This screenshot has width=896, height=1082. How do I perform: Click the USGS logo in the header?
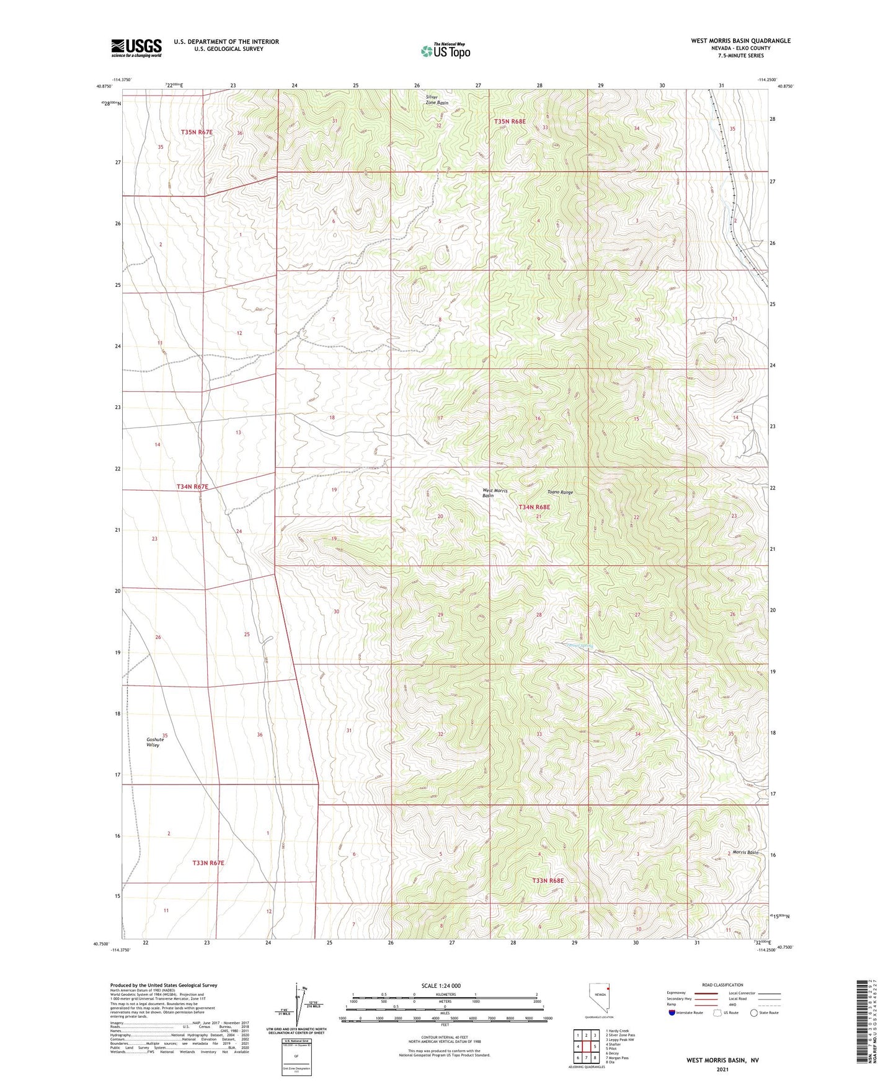point(136,48)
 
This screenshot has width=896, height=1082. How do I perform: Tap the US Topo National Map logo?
point(445,51)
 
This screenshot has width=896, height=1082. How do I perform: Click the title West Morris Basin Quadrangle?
point(740,41)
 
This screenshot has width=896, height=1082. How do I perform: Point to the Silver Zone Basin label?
point(437,100)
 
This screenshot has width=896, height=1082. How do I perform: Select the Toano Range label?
point(560,492)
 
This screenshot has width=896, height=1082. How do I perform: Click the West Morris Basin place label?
point(495,493)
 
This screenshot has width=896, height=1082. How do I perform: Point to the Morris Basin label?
point(745,852)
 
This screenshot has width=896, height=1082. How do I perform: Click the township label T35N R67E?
point(197,132)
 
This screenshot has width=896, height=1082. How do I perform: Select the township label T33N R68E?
point(548,880)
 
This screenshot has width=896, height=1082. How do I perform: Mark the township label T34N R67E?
point(192,487)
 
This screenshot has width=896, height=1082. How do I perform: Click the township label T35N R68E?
point(509,121)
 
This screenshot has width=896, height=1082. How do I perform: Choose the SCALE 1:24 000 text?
point(441,985)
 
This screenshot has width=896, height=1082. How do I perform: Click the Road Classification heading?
point(722,985)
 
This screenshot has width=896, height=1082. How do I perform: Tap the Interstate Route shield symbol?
point(672,1013)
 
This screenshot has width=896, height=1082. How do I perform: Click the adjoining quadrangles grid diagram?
point(585,1047)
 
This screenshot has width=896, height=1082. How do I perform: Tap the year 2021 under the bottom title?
point(722,1069)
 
